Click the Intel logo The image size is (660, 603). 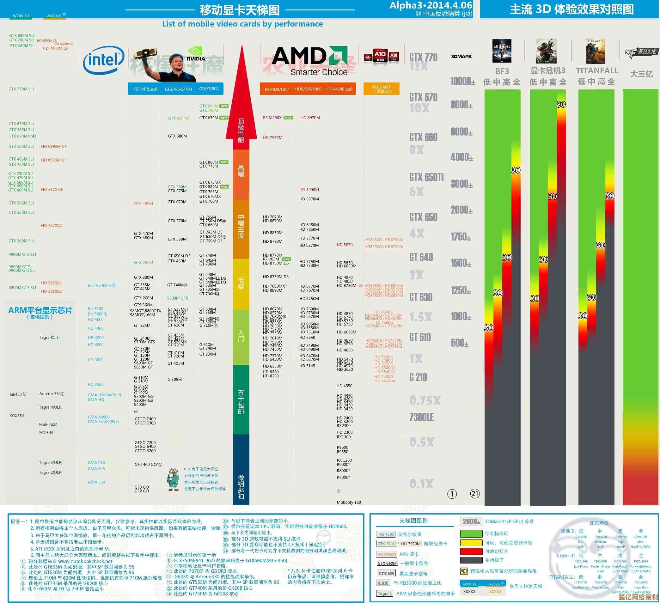click(104, 60)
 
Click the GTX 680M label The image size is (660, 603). click(177, 136)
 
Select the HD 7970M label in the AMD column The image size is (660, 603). click(272, 138)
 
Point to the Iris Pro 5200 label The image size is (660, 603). click(101, 286)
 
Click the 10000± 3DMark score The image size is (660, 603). click(462, 81)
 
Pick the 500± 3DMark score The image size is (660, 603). click(460, 343)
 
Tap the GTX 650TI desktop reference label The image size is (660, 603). click(426, 177)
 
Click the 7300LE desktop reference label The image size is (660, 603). click(421, 417)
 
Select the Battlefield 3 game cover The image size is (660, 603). click(502, 51)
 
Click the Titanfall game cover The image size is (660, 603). click(595, 52)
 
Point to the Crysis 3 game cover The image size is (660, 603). click(546, 51)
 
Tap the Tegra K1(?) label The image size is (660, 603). click(49, 338)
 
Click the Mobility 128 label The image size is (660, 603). click(349, 502)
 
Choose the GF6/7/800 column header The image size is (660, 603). click(209, 89)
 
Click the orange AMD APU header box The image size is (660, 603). click(381, 89)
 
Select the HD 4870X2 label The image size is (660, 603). click(52, 226)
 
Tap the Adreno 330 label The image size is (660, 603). click(52, 394)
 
